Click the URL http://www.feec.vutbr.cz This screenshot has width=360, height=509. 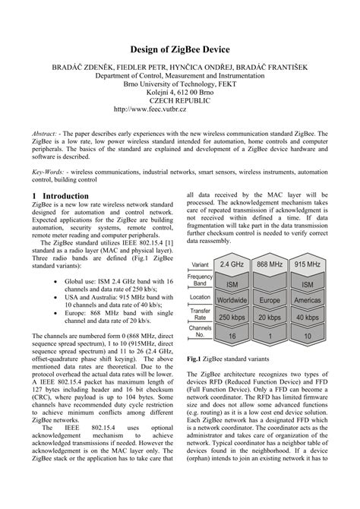click(180, 109)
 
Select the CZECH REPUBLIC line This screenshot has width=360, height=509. click(180, 100)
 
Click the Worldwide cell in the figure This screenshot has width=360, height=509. click(231, 300)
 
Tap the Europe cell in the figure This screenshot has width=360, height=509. click(270, 300)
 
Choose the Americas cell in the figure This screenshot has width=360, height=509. click(308, 300)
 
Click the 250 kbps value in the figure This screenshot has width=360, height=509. click(231, 317)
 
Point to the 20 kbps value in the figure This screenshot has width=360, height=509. click(270, 317)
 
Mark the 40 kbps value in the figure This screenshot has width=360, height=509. click(308, 317)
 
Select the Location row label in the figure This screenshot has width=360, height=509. click(200, 297)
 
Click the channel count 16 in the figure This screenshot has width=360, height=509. click(231, 334)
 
